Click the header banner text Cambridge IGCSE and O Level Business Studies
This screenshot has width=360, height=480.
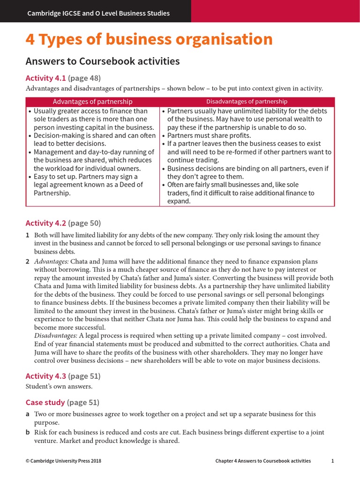98,13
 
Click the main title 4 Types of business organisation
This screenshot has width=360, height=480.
149,39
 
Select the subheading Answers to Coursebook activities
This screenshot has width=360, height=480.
103,61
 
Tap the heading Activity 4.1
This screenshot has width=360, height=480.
45,78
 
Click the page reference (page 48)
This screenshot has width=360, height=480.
84,78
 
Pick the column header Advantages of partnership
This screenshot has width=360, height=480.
92,102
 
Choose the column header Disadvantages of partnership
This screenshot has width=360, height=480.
247,102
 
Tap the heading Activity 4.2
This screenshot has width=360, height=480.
45,223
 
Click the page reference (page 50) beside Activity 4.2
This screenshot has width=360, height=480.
84,223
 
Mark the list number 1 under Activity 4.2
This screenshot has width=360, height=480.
27,235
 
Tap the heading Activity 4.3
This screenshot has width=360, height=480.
45,376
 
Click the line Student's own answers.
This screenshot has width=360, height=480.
59,387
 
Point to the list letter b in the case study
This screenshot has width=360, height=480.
28,432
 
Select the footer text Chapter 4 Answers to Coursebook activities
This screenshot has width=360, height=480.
263,461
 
